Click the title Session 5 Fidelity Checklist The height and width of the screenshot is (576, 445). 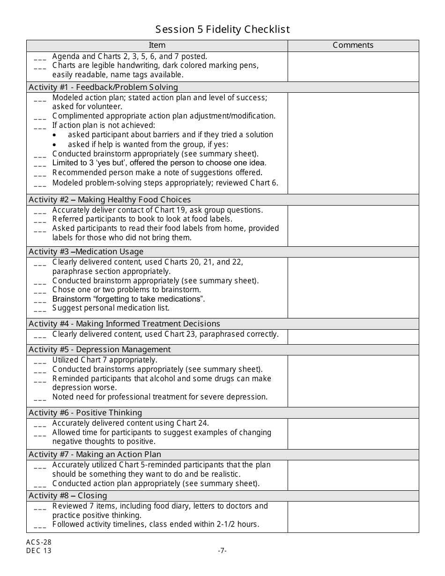222,30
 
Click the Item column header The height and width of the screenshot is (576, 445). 157,45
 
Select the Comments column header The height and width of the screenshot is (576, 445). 353,45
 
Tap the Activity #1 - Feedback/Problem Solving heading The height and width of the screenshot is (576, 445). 104,87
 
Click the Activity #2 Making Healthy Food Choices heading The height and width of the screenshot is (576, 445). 110,200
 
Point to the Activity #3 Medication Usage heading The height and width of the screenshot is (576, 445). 86,252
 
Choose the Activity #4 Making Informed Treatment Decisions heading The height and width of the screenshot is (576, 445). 124,324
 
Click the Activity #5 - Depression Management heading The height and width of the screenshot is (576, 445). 100,350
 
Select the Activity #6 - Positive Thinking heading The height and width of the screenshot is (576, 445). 85,413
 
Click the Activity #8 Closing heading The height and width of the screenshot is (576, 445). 68,496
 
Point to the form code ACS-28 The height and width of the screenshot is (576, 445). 39,542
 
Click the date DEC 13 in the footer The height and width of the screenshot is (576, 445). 39,551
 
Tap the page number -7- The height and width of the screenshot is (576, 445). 222,551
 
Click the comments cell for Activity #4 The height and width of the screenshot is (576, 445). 353,337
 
